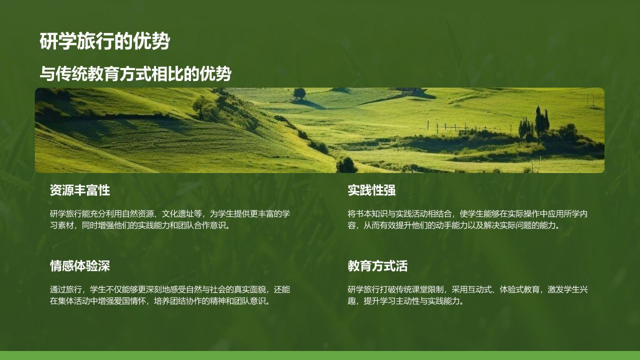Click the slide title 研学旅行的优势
pyautogui.click(x=104, y=42)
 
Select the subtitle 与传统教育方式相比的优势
pyautogui.click(x=135, y=74)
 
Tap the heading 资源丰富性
pyautogui.click(x=79, y=190)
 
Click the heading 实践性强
pyautogui.click(x=371, y=190)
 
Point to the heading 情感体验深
pyautogui.click(x=79, y=266)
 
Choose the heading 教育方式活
pyautogui.click(x=377, y=266)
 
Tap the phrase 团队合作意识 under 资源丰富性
pyautogui.click(x=199, y=225)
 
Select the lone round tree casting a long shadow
pyautogui.click(x=299, y=93)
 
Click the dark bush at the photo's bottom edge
pyautogui.click(x=346, y=165)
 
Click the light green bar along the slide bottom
pyautogui.click(x=320, y=355)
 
